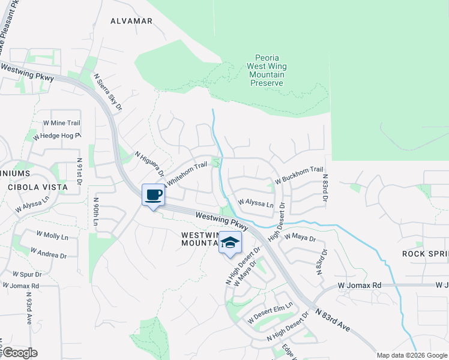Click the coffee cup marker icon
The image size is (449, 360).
click(153, 195)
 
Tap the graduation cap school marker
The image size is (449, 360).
click(229, 243)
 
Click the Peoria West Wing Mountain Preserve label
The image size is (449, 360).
click(267, 70)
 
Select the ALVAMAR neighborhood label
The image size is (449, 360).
click(131, 21)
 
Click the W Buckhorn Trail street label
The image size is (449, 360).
click(299, 175)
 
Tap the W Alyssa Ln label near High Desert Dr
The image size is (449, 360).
click(256, 203)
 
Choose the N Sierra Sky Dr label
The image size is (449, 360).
click(109, 92)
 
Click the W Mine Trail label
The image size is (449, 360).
click(61, 122)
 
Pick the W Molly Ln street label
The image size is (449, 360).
click(53, 236)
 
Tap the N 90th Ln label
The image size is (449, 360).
click(95, 213)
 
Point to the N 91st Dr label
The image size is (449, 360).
click(79, 173)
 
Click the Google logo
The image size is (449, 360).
click(20, 353)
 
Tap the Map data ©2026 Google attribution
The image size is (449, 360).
click(411, 355)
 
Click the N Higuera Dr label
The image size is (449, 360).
click(149, 168)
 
